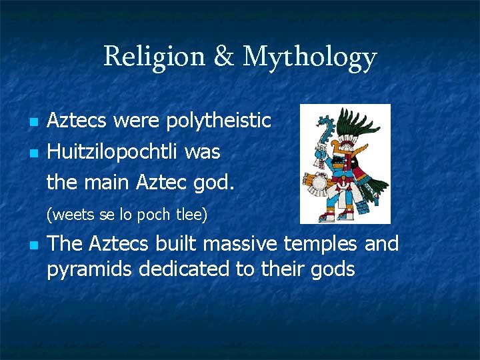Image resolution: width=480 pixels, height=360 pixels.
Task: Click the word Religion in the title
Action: point(154,57)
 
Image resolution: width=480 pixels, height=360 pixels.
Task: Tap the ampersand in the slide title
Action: point(224,57)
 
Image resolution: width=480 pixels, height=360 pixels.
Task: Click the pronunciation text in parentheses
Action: point(127,215)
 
